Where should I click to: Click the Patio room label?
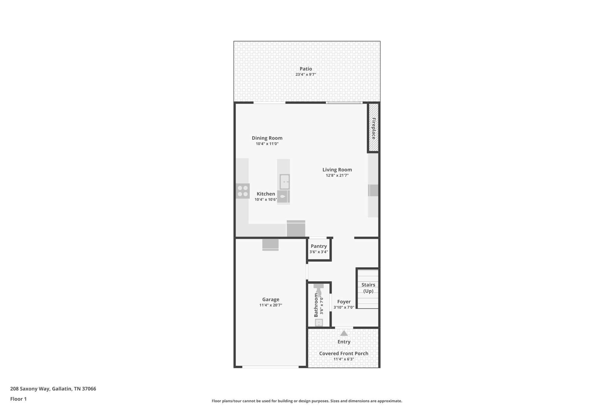click(x=306, y=69)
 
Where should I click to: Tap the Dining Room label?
click(x=267, y=138)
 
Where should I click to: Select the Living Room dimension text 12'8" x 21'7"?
click(x=337, y=176)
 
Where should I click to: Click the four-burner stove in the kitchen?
click(x=243, y=191)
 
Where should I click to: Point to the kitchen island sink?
click(x=285, y=182)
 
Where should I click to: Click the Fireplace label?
click(x=374, y=128)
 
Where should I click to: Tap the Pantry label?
click(x=318, y=246)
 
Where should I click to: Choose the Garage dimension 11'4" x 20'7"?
click(x=270, y=305)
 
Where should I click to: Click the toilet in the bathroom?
click(x=318, y=290)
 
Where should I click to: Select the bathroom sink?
click(x=319, y=322)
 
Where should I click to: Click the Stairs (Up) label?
click(x=368, y=288)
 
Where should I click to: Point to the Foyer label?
click(x=344, y=302)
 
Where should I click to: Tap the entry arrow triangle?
click(x=344, y=333)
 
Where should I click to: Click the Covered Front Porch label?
click(x=344, y=354)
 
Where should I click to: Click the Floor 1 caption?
click(x=18, y=399)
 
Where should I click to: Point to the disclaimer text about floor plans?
click(x=307, y=401)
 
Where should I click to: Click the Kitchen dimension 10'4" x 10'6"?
click(x=266, y=200)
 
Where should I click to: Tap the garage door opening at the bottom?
click(x=270, y=366)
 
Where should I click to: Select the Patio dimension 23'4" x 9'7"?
click(x=306, y=75)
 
